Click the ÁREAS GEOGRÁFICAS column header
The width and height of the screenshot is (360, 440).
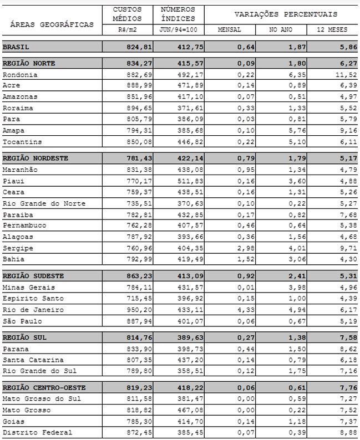point(52,24)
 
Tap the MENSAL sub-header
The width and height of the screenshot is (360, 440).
point(230,29)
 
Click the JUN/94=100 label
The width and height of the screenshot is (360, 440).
point(178,29)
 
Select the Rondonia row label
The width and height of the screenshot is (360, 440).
point(20,74)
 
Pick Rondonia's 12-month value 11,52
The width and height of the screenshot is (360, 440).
point(341,74)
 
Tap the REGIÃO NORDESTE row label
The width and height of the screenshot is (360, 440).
point(36,158)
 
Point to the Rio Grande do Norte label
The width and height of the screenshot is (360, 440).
point(44,203)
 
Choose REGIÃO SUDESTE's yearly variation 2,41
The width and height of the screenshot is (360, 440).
point(290,275)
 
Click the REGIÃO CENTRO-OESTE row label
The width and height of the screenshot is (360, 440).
point(44,387)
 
